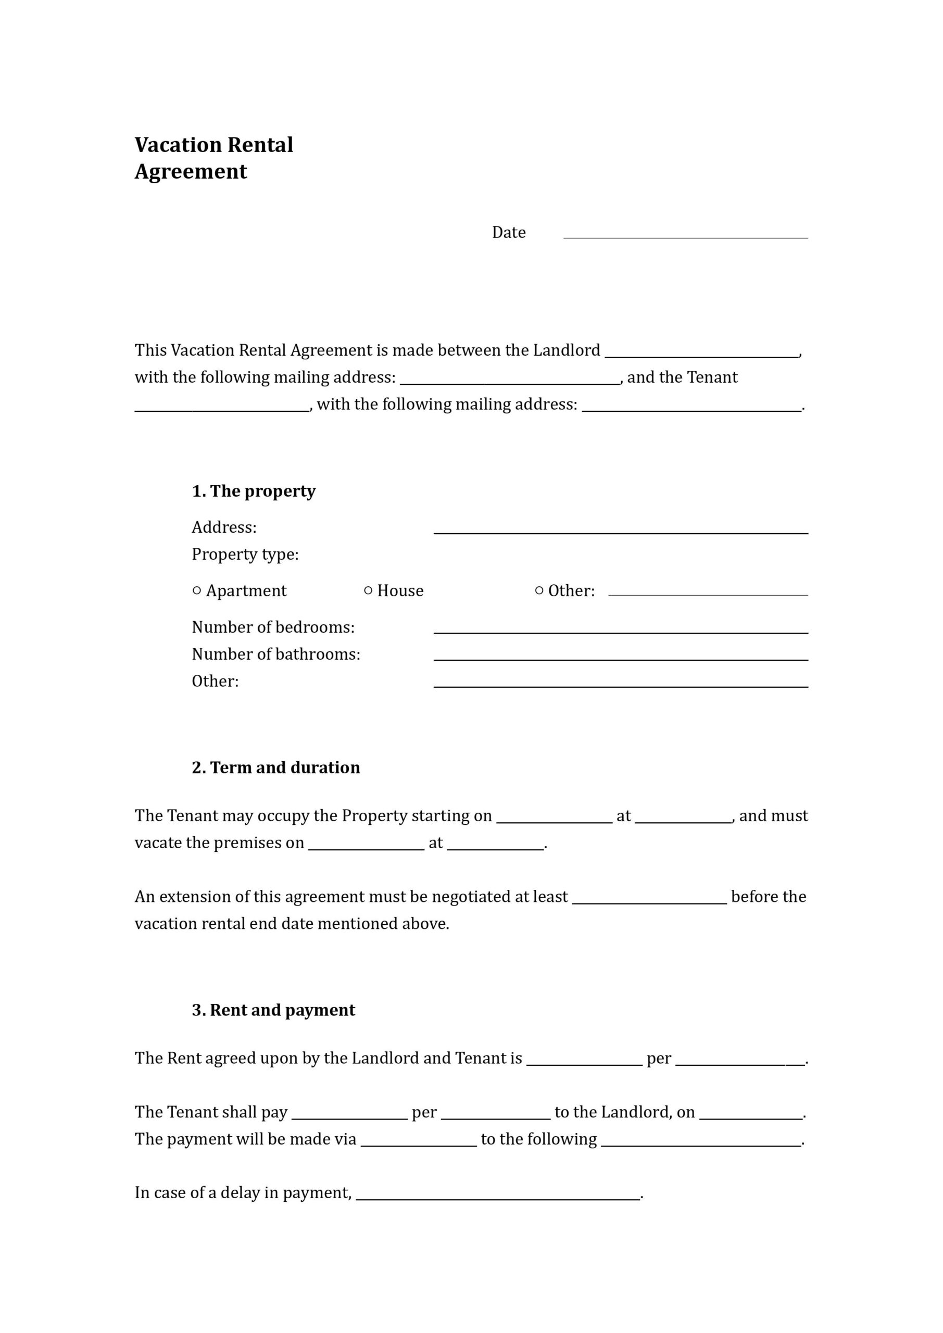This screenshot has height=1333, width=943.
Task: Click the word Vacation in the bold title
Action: tap(177, 145)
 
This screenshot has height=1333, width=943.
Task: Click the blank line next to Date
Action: tap(685, 235)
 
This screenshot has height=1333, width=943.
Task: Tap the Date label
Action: tap(509, 232)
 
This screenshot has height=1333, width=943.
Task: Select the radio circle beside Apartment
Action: tap(197, 590)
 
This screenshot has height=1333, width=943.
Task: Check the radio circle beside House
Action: tap(368, 590)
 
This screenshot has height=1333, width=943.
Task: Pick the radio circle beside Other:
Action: tap(539, 590)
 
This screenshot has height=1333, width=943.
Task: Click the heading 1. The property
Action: tap(254, 491)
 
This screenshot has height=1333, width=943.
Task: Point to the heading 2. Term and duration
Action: tap(276, 768)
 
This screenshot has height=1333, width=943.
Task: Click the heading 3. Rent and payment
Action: tap(273, 1010)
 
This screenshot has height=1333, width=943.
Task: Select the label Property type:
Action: tap(245, 555)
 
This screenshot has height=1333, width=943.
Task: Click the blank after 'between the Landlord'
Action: tap(701, 354)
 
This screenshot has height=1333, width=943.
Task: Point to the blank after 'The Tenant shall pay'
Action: tap(349, 1115)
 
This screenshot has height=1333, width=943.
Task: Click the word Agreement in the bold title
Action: tap(191, 172)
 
